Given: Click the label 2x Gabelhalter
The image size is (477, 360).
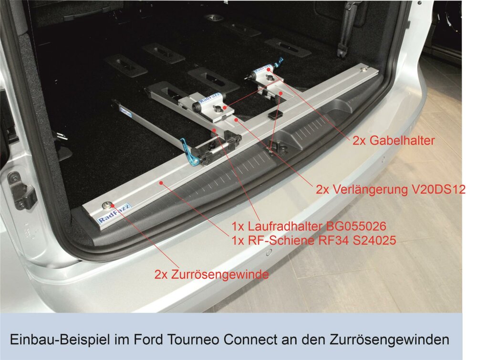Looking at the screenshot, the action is (394, 140).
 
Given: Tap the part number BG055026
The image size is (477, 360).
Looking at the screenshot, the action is (356, 226).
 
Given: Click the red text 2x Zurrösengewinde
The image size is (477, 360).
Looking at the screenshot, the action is (212, 275).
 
